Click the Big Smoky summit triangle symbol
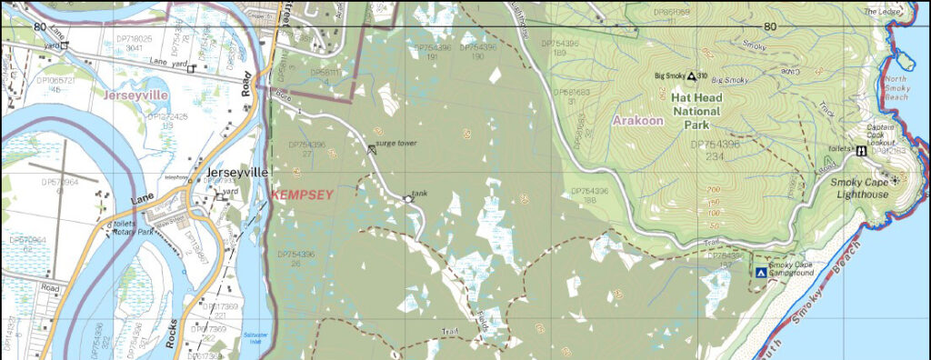tap(691, 76)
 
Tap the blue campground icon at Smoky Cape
tap(760, 272)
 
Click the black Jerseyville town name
tap(238, 172)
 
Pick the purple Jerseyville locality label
tap(135, 94)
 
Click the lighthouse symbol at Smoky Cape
tap(895, 181)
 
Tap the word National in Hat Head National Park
tap(696, 112)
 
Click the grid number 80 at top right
tap(770, 25)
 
